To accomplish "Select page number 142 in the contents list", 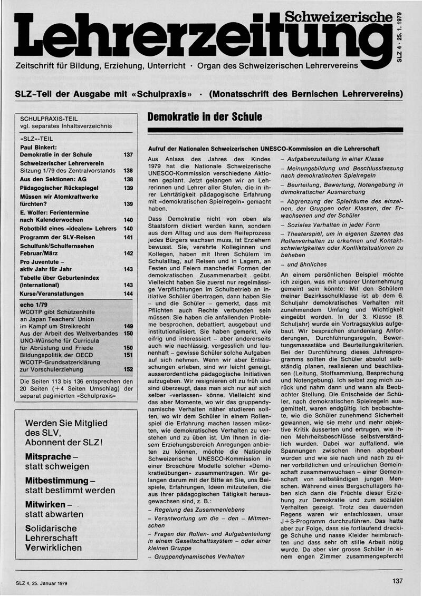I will pyautogui.click(x=128, y=253).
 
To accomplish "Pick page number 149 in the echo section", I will pyautogui.click(x=128, y=326).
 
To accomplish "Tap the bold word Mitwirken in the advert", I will pyautogui.click(x=45, y=505).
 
